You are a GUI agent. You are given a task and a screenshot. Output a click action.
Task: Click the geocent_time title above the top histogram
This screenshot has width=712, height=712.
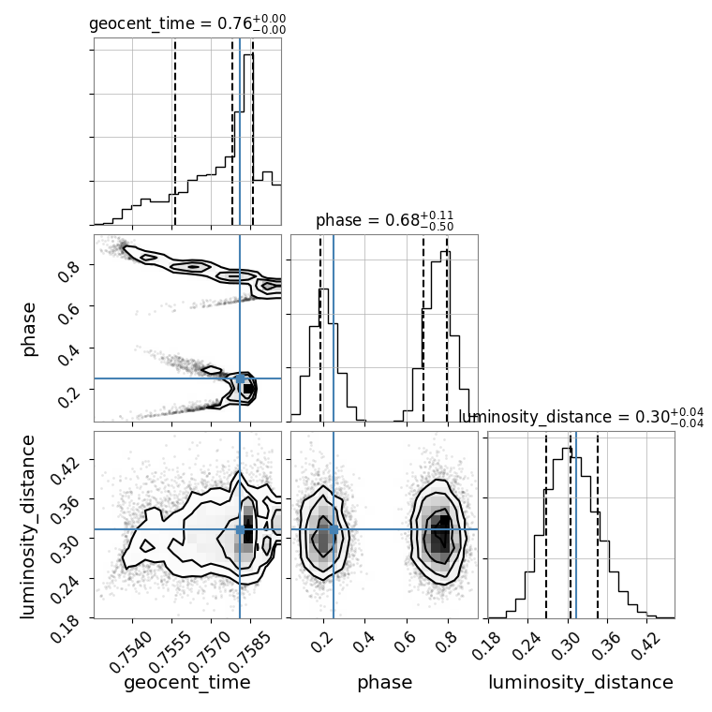tap(187, 23)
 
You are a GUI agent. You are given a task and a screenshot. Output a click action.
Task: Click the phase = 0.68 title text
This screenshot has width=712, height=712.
tap(385, 221)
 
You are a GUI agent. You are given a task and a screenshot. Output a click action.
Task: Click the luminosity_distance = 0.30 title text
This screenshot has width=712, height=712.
tap(581, 417)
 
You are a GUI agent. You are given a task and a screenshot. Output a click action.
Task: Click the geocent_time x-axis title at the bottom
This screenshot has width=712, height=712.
tap(187, 682)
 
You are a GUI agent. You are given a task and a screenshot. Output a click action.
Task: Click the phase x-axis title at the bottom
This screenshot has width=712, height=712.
tap(385, 682)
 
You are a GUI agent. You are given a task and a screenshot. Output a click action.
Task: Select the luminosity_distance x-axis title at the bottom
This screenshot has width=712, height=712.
tap(581, 682)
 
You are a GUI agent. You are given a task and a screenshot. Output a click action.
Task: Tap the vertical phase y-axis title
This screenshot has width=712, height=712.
tap(28, 329)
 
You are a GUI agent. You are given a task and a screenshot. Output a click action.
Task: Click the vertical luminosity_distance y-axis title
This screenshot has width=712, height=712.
tap(27, 527)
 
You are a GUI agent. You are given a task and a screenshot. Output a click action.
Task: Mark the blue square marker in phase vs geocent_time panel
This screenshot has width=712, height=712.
tap(240, 378)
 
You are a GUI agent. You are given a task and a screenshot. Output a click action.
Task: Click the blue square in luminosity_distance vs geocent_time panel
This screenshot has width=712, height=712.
tap(240, 529)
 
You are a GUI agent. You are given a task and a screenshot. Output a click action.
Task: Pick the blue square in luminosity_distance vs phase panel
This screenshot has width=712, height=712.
tap(334, 529)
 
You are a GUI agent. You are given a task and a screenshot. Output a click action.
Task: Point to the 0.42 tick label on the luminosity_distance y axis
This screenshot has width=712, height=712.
tap(65, 469)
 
